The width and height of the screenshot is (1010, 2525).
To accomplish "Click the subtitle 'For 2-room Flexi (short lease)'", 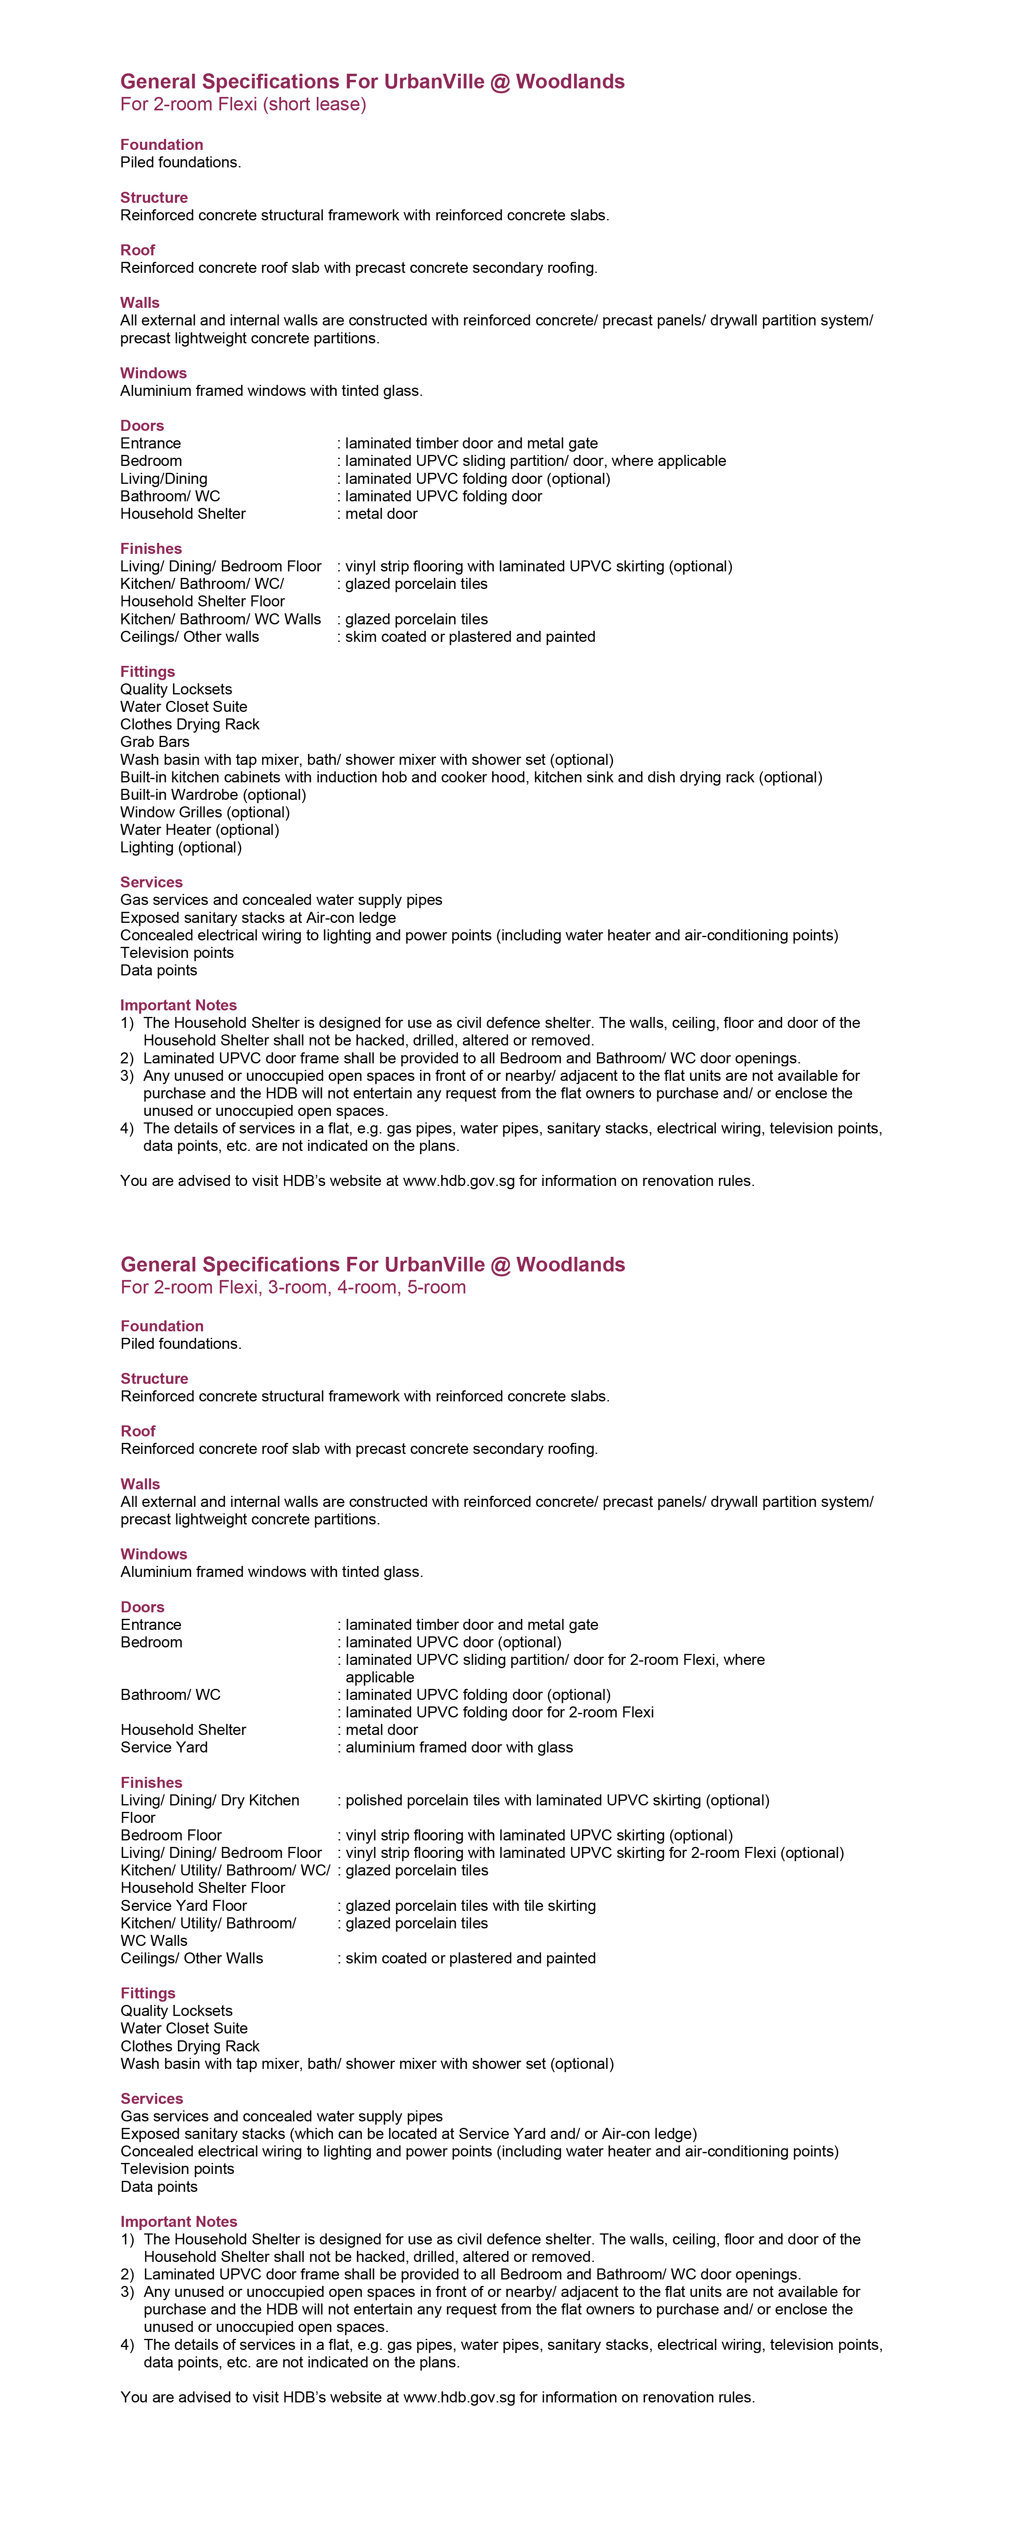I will coord(243,105).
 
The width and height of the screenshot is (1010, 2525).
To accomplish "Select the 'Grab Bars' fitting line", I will coord(155,742).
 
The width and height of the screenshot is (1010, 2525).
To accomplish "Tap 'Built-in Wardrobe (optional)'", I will coord(213,795).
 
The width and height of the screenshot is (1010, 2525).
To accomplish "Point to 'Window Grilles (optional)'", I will coord(205,812).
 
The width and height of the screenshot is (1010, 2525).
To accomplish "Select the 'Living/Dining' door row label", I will coord(164,479).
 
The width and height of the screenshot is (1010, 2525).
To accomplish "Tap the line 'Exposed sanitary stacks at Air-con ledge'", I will coord(258,918).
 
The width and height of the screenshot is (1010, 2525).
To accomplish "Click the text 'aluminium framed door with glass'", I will coord(459,1748).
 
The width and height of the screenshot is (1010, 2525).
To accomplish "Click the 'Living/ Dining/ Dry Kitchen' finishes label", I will coord(210,1800).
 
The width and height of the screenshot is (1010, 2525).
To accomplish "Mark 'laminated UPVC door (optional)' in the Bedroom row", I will coord(453,1643).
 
